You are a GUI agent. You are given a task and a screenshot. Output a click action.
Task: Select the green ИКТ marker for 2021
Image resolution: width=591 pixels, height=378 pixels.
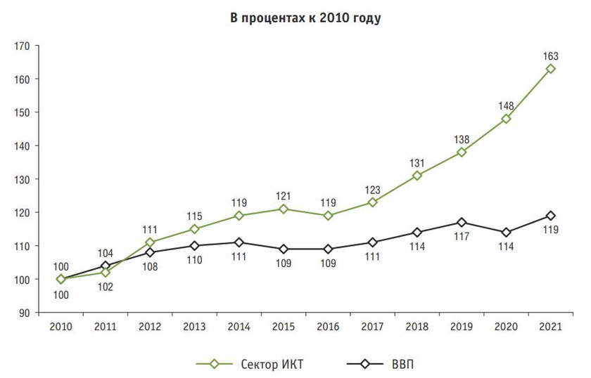click(x=551, y=69)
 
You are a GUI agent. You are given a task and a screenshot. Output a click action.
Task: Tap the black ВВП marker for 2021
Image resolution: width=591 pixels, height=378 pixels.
click(x=551, y=216)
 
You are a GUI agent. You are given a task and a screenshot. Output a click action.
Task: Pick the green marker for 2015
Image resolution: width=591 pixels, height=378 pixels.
click(x=284, y=209)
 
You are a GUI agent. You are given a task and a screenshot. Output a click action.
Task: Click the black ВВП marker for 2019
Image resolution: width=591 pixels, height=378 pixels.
click(x=462, y=223)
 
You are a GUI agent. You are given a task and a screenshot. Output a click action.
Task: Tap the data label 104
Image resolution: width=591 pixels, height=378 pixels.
click(x=106, y=254)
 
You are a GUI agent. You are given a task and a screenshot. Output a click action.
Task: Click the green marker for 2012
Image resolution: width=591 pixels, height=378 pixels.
click(x=150, y=242)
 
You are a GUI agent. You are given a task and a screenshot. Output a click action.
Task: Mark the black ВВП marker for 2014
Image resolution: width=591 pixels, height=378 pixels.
click(x=239, y=242)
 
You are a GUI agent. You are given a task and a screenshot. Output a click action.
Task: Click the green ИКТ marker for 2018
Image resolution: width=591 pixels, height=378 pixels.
click(x=417, y=176)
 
